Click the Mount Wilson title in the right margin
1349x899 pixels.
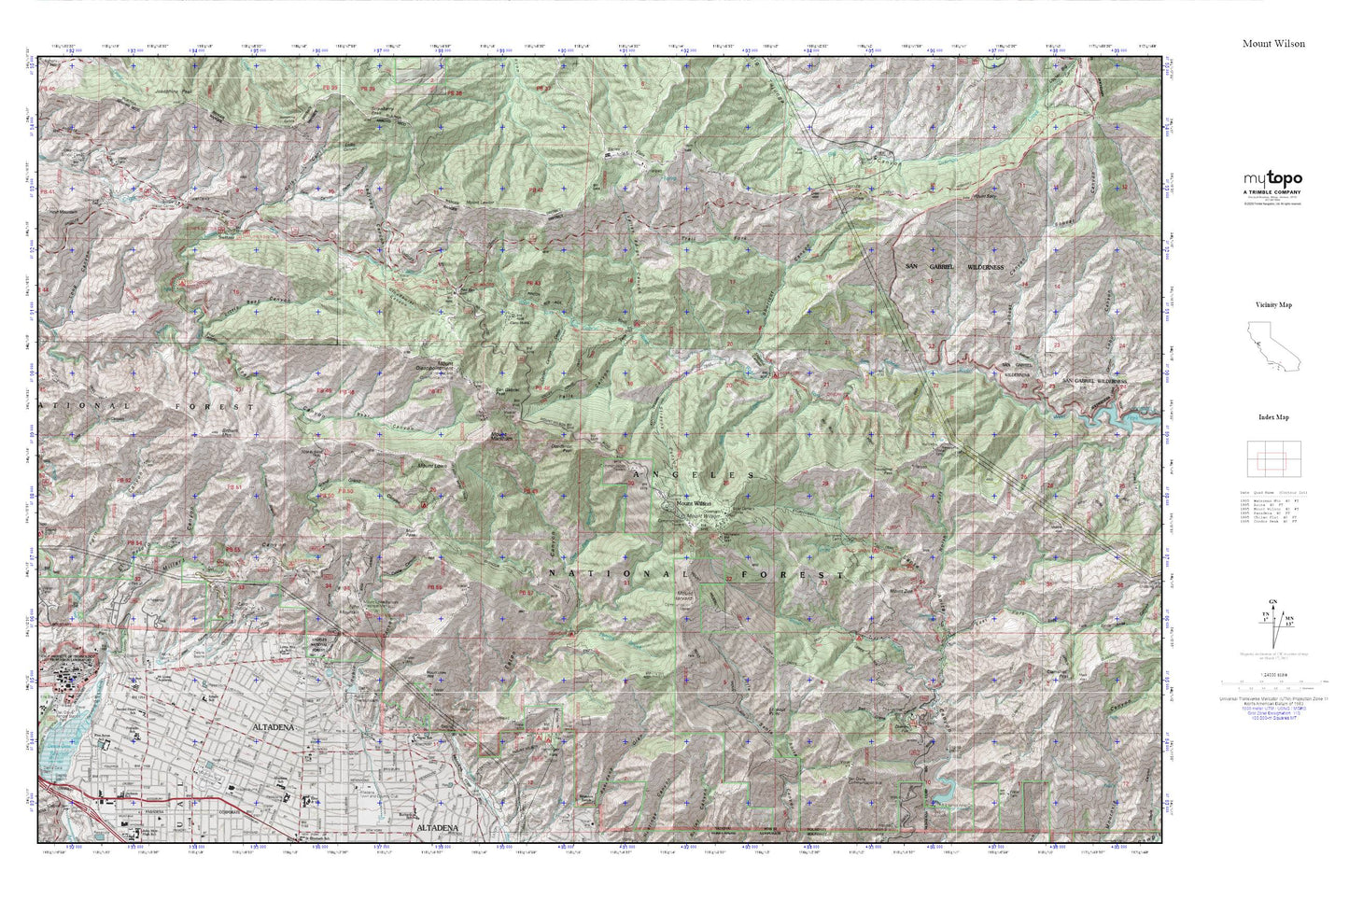coord(1273,44)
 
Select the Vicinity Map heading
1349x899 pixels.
coord(1273,305)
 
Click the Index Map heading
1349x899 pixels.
coord(1273,418)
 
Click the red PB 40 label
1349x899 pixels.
coord(47,89)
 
